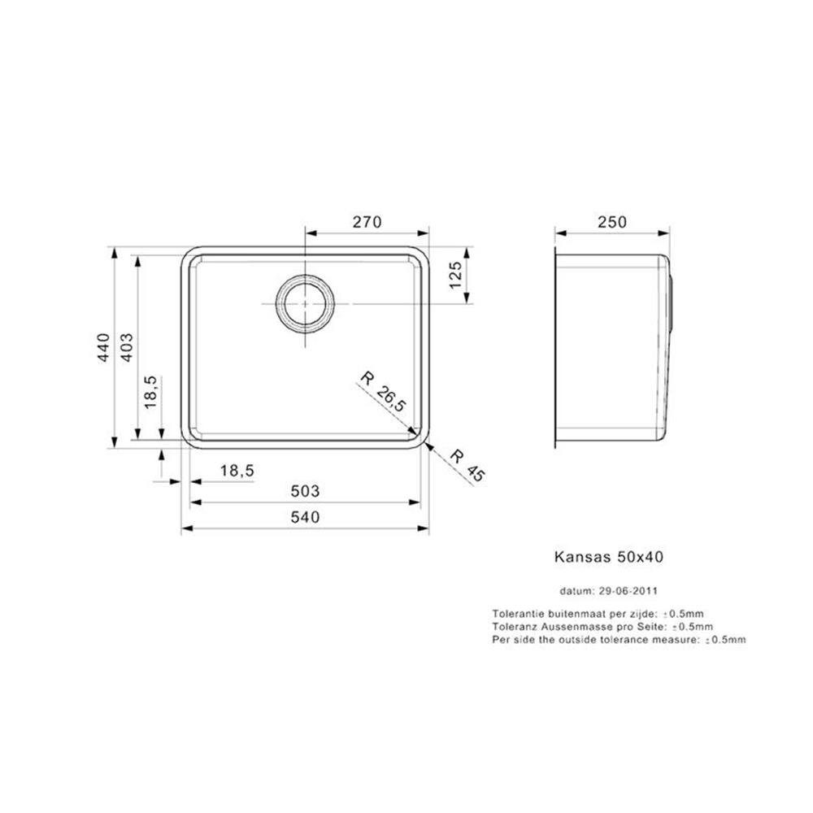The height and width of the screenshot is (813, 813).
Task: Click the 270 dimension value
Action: (367, 222)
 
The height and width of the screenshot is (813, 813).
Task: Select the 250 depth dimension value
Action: (612, 222)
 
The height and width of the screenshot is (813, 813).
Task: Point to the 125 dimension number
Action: (454, 276)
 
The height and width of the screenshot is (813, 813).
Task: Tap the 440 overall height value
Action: (104, 347)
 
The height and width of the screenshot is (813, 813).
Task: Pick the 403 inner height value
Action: (126, 347)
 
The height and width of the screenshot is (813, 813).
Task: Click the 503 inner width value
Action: (305, 490)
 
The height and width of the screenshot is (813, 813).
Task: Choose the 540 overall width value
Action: (305, 517)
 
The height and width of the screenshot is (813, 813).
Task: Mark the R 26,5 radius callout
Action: (383, 391)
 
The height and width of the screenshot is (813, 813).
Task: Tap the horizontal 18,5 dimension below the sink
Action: (237, 471)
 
